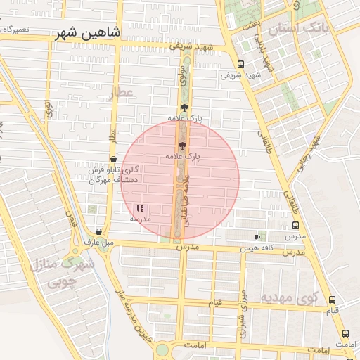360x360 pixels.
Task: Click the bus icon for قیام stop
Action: (x=332, y=300)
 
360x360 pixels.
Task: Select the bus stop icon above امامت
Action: (x=345, y=333)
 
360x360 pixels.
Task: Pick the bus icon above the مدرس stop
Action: (x=295, y=226)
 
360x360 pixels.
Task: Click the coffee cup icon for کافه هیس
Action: (x=257, y=238)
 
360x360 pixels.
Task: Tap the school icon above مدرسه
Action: (x=139, y=208)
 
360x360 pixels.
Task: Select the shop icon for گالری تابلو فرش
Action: (x=113, y=160)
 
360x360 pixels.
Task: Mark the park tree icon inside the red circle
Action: (x=183, y=143)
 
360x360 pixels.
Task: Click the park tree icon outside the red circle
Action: (x=184, y=108)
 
